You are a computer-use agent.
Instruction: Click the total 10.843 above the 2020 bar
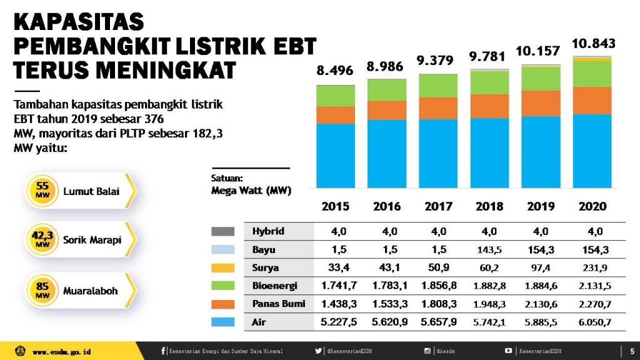pos(594,44)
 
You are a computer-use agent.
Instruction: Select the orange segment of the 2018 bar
pos(489,106)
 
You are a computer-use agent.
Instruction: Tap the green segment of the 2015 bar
pos(336,96)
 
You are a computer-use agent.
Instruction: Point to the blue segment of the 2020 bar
pos(592,151)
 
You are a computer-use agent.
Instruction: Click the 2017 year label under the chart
pos(438,206)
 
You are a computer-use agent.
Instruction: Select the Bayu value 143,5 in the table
pos(489,249)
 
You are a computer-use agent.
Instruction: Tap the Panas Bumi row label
pos(279,304)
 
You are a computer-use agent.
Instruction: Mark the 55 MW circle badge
pos(42,191)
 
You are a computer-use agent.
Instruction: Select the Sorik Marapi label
pos(92,239)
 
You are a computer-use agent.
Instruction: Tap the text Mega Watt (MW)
pos(251,190)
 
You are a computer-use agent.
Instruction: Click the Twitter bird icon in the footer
pos(318,351)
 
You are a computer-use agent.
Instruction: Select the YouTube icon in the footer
pos(509,351)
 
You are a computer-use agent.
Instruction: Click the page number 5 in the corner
pos(631,351)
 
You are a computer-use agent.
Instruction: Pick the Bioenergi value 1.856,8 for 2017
pos(439,286)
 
